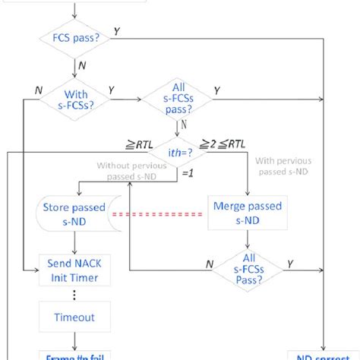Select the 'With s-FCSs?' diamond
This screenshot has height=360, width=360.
[75, 99]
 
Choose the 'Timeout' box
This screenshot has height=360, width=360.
[74, 317]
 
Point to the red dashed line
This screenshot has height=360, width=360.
[158, 214]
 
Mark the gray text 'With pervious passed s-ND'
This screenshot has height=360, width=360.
[286, 166]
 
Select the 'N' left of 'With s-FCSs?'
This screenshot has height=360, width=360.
[37, 90]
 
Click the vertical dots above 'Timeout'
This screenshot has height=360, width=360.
[74, 294]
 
